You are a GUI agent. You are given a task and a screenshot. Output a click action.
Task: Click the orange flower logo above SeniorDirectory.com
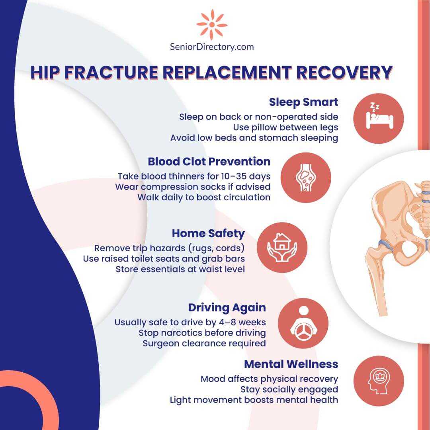[212, 25]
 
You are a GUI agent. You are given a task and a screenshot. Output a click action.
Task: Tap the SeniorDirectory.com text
[212, 47]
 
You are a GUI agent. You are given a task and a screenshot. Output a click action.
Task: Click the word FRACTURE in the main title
[111, 72]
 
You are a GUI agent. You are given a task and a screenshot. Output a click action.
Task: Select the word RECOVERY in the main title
[344, 72]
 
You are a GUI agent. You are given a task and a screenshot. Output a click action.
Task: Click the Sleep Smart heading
[303, 102]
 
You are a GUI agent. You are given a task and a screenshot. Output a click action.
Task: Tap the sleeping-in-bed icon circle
[379, 119]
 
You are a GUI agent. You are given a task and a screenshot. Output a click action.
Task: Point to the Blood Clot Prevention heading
[209, 162]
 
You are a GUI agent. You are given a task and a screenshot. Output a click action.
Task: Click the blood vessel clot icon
[306, 178]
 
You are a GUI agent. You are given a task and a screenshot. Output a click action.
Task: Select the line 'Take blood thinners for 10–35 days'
[194, 176]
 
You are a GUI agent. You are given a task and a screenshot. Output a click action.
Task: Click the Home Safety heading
[208, 234]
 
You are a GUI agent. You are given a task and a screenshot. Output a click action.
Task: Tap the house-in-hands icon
[282, 247]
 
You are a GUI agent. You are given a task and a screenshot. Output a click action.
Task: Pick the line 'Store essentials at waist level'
[180, 269]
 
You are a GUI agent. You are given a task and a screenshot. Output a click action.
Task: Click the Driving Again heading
[227, 308]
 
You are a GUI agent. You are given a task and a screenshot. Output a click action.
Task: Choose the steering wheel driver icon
[303, 323]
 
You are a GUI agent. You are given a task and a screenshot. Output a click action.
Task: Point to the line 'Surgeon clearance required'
[204, 343]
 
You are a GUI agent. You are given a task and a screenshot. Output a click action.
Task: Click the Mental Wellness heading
[291, 364]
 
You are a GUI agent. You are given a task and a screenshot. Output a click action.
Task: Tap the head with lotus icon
[379, 381]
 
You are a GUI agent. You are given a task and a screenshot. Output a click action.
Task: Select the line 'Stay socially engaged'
[289, 389]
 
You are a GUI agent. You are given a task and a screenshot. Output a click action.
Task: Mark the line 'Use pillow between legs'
[285, 127]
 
